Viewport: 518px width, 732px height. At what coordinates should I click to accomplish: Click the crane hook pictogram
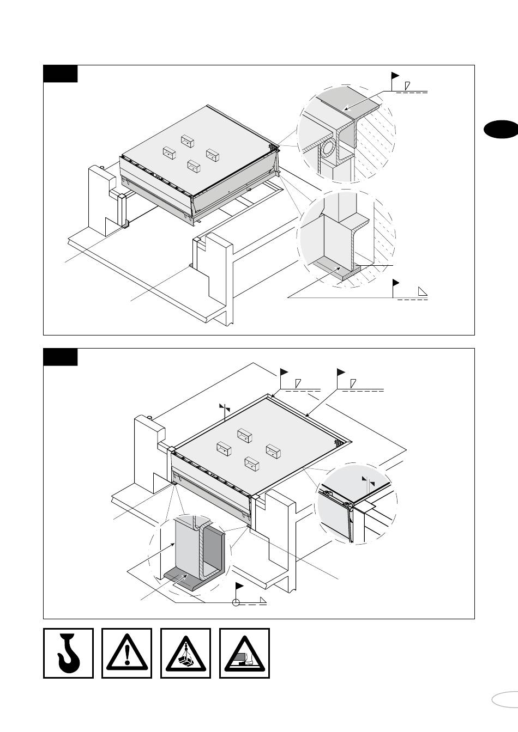tap(68, 653)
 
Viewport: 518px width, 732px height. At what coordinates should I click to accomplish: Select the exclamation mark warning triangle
tap(127, 653)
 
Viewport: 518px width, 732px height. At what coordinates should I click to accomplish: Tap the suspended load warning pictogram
tap(186, 653)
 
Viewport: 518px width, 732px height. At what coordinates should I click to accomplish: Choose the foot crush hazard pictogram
tap(244, 653)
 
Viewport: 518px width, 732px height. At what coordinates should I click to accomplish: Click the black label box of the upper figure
tap(61, 74)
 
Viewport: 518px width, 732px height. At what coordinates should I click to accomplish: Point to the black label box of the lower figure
tap(61, 357)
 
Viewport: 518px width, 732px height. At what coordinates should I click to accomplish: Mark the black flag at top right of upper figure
tap(395, 76)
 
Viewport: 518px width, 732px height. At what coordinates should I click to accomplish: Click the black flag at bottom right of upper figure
tap(396, 283)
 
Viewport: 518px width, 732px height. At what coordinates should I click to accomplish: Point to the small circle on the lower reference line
tap(236, 602)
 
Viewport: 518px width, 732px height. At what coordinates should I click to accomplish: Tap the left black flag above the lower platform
tap(284, 372)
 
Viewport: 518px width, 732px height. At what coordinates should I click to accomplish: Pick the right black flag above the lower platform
tap(341, 372)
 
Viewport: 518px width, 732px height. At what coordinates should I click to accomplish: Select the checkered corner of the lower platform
tap(341, 443)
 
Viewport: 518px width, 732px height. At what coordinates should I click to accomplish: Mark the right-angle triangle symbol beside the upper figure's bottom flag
tap(423, 291)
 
